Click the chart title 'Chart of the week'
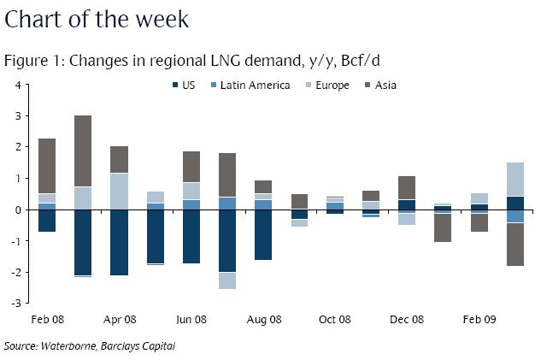click(x=96, y=18)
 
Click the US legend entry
click(x=188, y=85)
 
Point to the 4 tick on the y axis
click(x=17, y=85)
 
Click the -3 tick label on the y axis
click(x=15, y=303)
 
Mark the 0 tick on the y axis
click(x=17, y=210)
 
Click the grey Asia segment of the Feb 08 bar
click(x=47, y=166)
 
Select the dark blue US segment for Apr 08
click(x=120, y=243)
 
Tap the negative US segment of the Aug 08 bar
click(x=263, y=235)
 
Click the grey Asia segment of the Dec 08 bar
click(x=407, y=187)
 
